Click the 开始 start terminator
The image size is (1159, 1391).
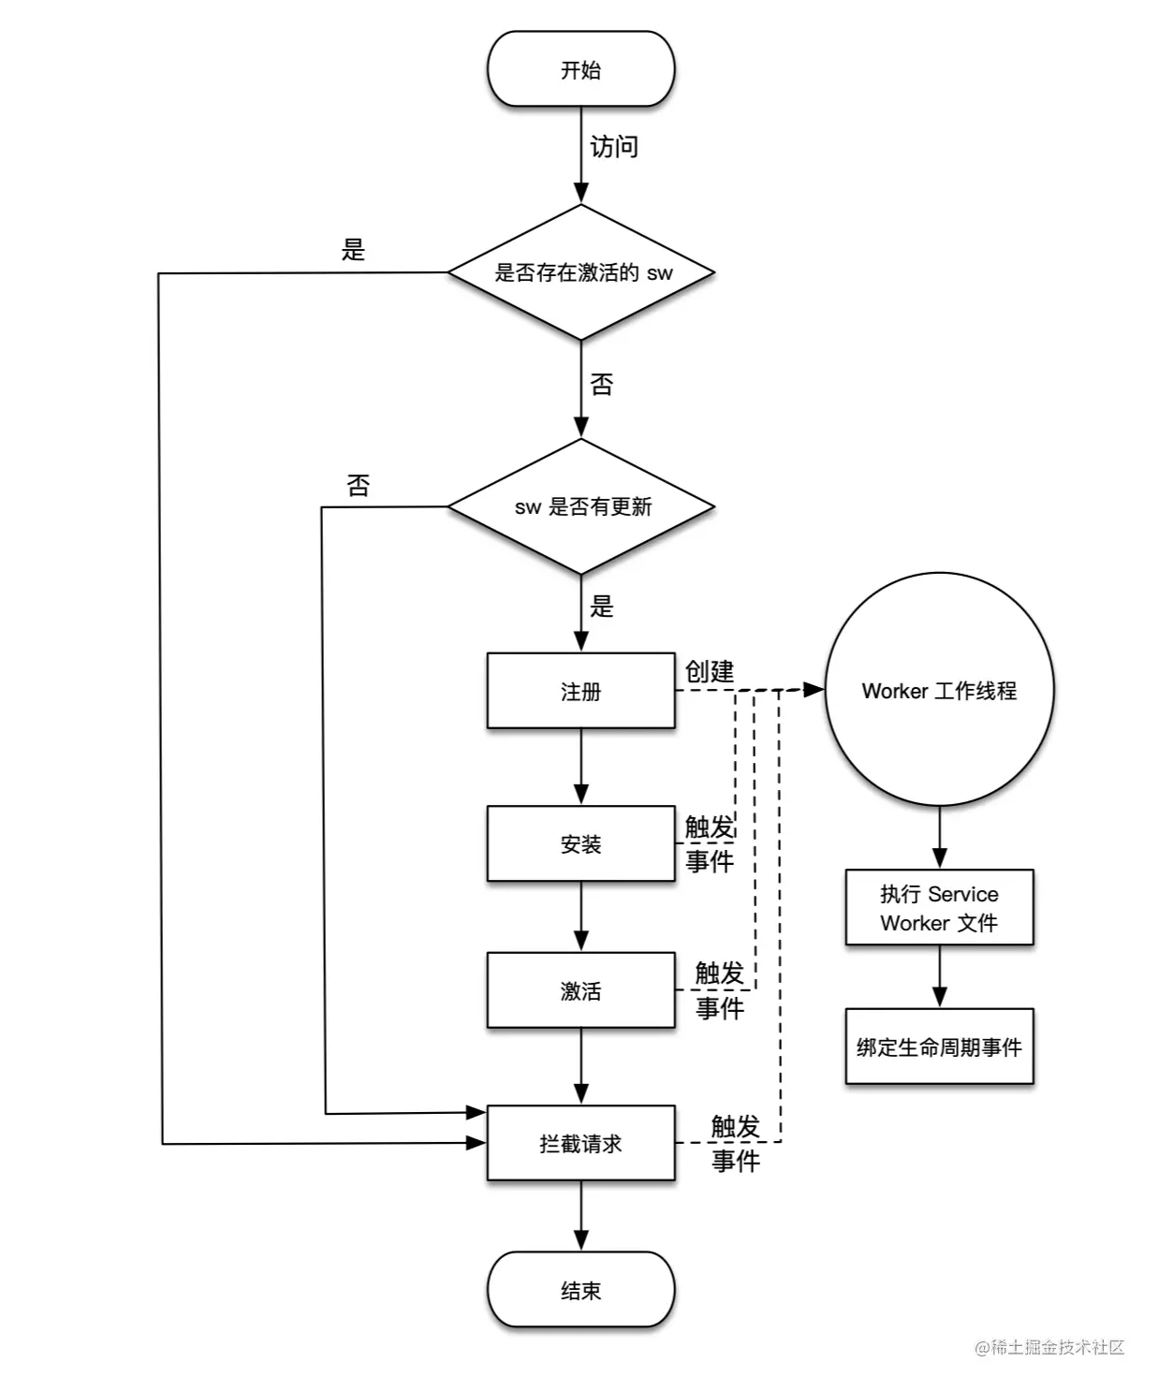[x=580, y=69]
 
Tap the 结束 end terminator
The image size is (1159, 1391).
[x=580, y=1290]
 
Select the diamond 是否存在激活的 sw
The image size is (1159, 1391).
[x=580, y=272]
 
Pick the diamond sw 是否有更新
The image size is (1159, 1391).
[x=580, y=506]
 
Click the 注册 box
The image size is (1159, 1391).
[x=580, y=691]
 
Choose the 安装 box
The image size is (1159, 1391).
[x=580, y=843]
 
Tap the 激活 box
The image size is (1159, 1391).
[x=580, y=990]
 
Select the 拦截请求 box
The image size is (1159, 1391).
[x=580, y=1143]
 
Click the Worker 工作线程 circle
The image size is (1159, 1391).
[x=939, y=690]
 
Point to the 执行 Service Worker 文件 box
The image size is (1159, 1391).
[x=939, y=908]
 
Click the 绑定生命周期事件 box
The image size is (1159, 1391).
[x=939, y=1047]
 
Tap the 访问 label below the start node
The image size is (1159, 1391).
[x=614, y=147]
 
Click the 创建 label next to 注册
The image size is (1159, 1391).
[x=710, y=671]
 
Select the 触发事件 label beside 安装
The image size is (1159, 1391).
[x=710, y=843]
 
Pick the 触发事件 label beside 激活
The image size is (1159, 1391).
[x=719, y=990]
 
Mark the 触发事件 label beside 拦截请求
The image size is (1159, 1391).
[x=735, y=1143]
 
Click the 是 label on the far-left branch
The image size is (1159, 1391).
[x=353, y=250]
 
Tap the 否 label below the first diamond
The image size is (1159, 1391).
[x=602, y=385]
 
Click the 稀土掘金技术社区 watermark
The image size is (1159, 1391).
[x=1049, y=1347]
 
